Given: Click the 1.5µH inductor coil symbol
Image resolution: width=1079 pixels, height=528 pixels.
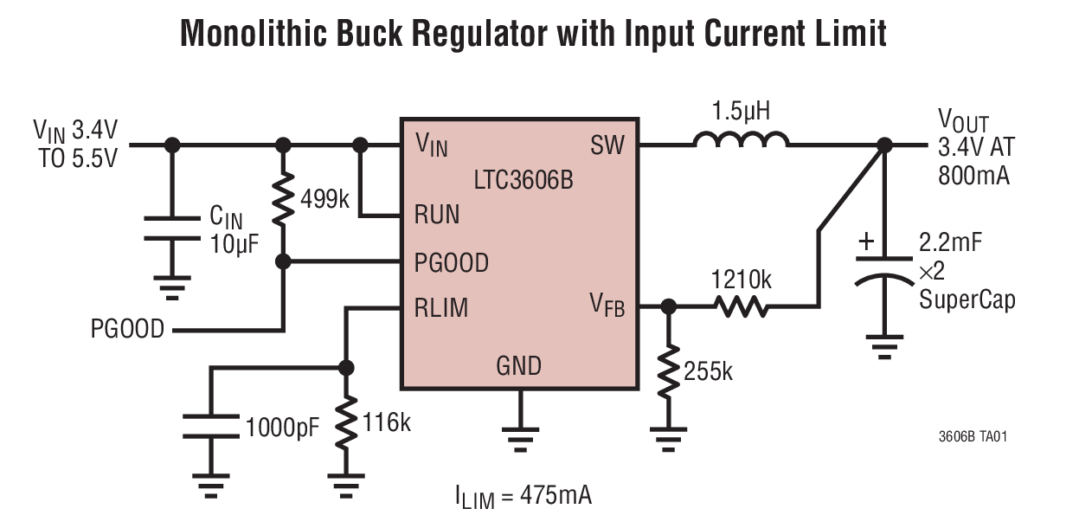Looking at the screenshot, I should [x=741, y=139].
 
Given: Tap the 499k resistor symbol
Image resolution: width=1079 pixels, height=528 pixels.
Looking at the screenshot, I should [x=282, y=201].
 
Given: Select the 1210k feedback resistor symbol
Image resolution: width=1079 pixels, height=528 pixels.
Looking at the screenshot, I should [x=741, y=306].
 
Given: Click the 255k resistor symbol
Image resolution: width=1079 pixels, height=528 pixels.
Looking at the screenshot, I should [x=667, y=373].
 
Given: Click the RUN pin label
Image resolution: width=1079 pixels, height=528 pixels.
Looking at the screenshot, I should [x=437, y=215].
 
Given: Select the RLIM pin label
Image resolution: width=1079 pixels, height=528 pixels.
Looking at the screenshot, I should [x=441, y=307].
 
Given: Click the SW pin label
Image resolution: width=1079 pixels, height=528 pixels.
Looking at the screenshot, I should [x=607, y=144].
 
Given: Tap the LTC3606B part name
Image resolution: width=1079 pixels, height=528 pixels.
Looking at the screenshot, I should [x=523, y=182].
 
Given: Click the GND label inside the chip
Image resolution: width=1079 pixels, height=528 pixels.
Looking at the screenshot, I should [x=518, y=365].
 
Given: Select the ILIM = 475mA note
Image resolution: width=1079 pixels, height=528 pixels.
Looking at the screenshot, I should [x=523, y=496].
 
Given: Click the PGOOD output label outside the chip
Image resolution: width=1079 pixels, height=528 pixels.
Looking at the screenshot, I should [x=127, y=330].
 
